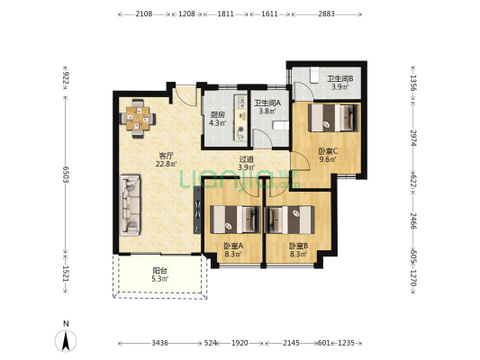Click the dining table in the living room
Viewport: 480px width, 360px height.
(138, 118)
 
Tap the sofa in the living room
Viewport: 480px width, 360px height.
(131, 205)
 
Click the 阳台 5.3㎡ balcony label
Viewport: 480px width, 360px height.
(160, 274)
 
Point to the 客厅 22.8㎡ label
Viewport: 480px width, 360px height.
(167, 159)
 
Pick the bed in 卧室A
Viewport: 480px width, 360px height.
(235, 220)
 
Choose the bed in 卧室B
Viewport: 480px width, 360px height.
(289, 220)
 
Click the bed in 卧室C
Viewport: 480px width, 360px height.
(333, 118)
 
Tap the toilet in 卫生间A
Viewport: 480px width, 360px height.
(281, 126)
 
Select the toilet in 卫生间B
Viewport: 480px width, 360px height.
(313, 75)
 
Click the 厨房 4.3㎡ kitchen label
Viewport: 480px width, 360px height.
(218, 120)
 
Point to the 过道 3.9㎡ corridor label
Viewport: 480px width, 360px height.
(247, 163)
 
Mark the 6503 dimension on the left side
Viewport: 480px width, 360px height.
(65, 175)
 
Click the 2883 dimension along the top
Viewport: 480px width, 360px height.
(326, 14)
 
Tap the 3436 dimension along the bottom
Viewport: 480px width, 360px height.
(159, 343)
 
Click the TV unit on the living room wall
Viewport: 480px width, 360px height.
(197, 210)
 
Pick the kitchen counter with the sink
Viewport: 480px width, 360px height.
(240, 118)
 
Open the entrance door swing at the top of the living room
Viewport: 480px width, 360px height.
(185, 96)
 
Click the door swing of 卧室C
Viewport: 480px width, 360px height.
(300, 160)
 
